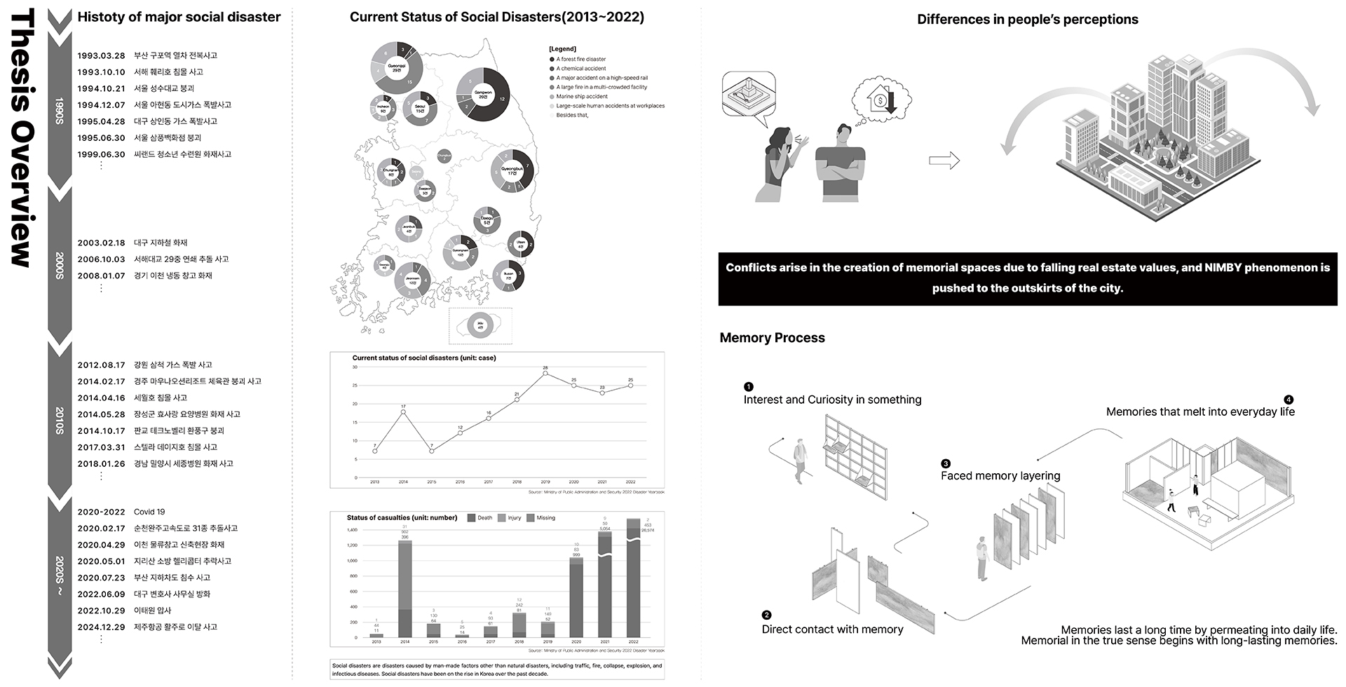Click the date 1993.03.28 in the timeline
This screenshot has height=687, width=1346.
101,55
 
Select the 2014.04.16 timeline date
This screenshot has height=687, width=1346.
101,397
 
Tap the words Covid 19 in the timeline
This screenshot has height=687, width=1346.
149,512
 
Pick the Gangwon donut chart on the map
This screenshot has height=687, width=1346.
483,95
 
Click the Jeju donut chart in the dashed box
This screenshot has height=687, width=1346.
480,326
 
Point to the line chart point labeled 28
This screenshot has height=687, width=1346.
545,373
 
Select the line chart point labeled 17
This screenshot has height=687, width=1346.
403,411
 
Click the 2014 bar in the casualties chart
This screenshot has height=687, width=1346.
405,589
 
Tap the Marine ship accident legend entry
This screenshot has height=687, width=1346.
581,97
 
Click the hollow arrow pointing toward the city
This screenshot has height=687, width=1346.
944,161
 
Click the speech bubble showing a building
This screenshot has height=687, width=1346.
749,95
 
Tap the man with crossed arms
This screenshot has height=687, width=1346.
840,165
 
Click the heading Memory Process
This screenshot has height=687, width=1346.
772,338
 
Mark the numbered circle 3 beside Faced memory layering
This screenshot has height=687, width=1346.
946,463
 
